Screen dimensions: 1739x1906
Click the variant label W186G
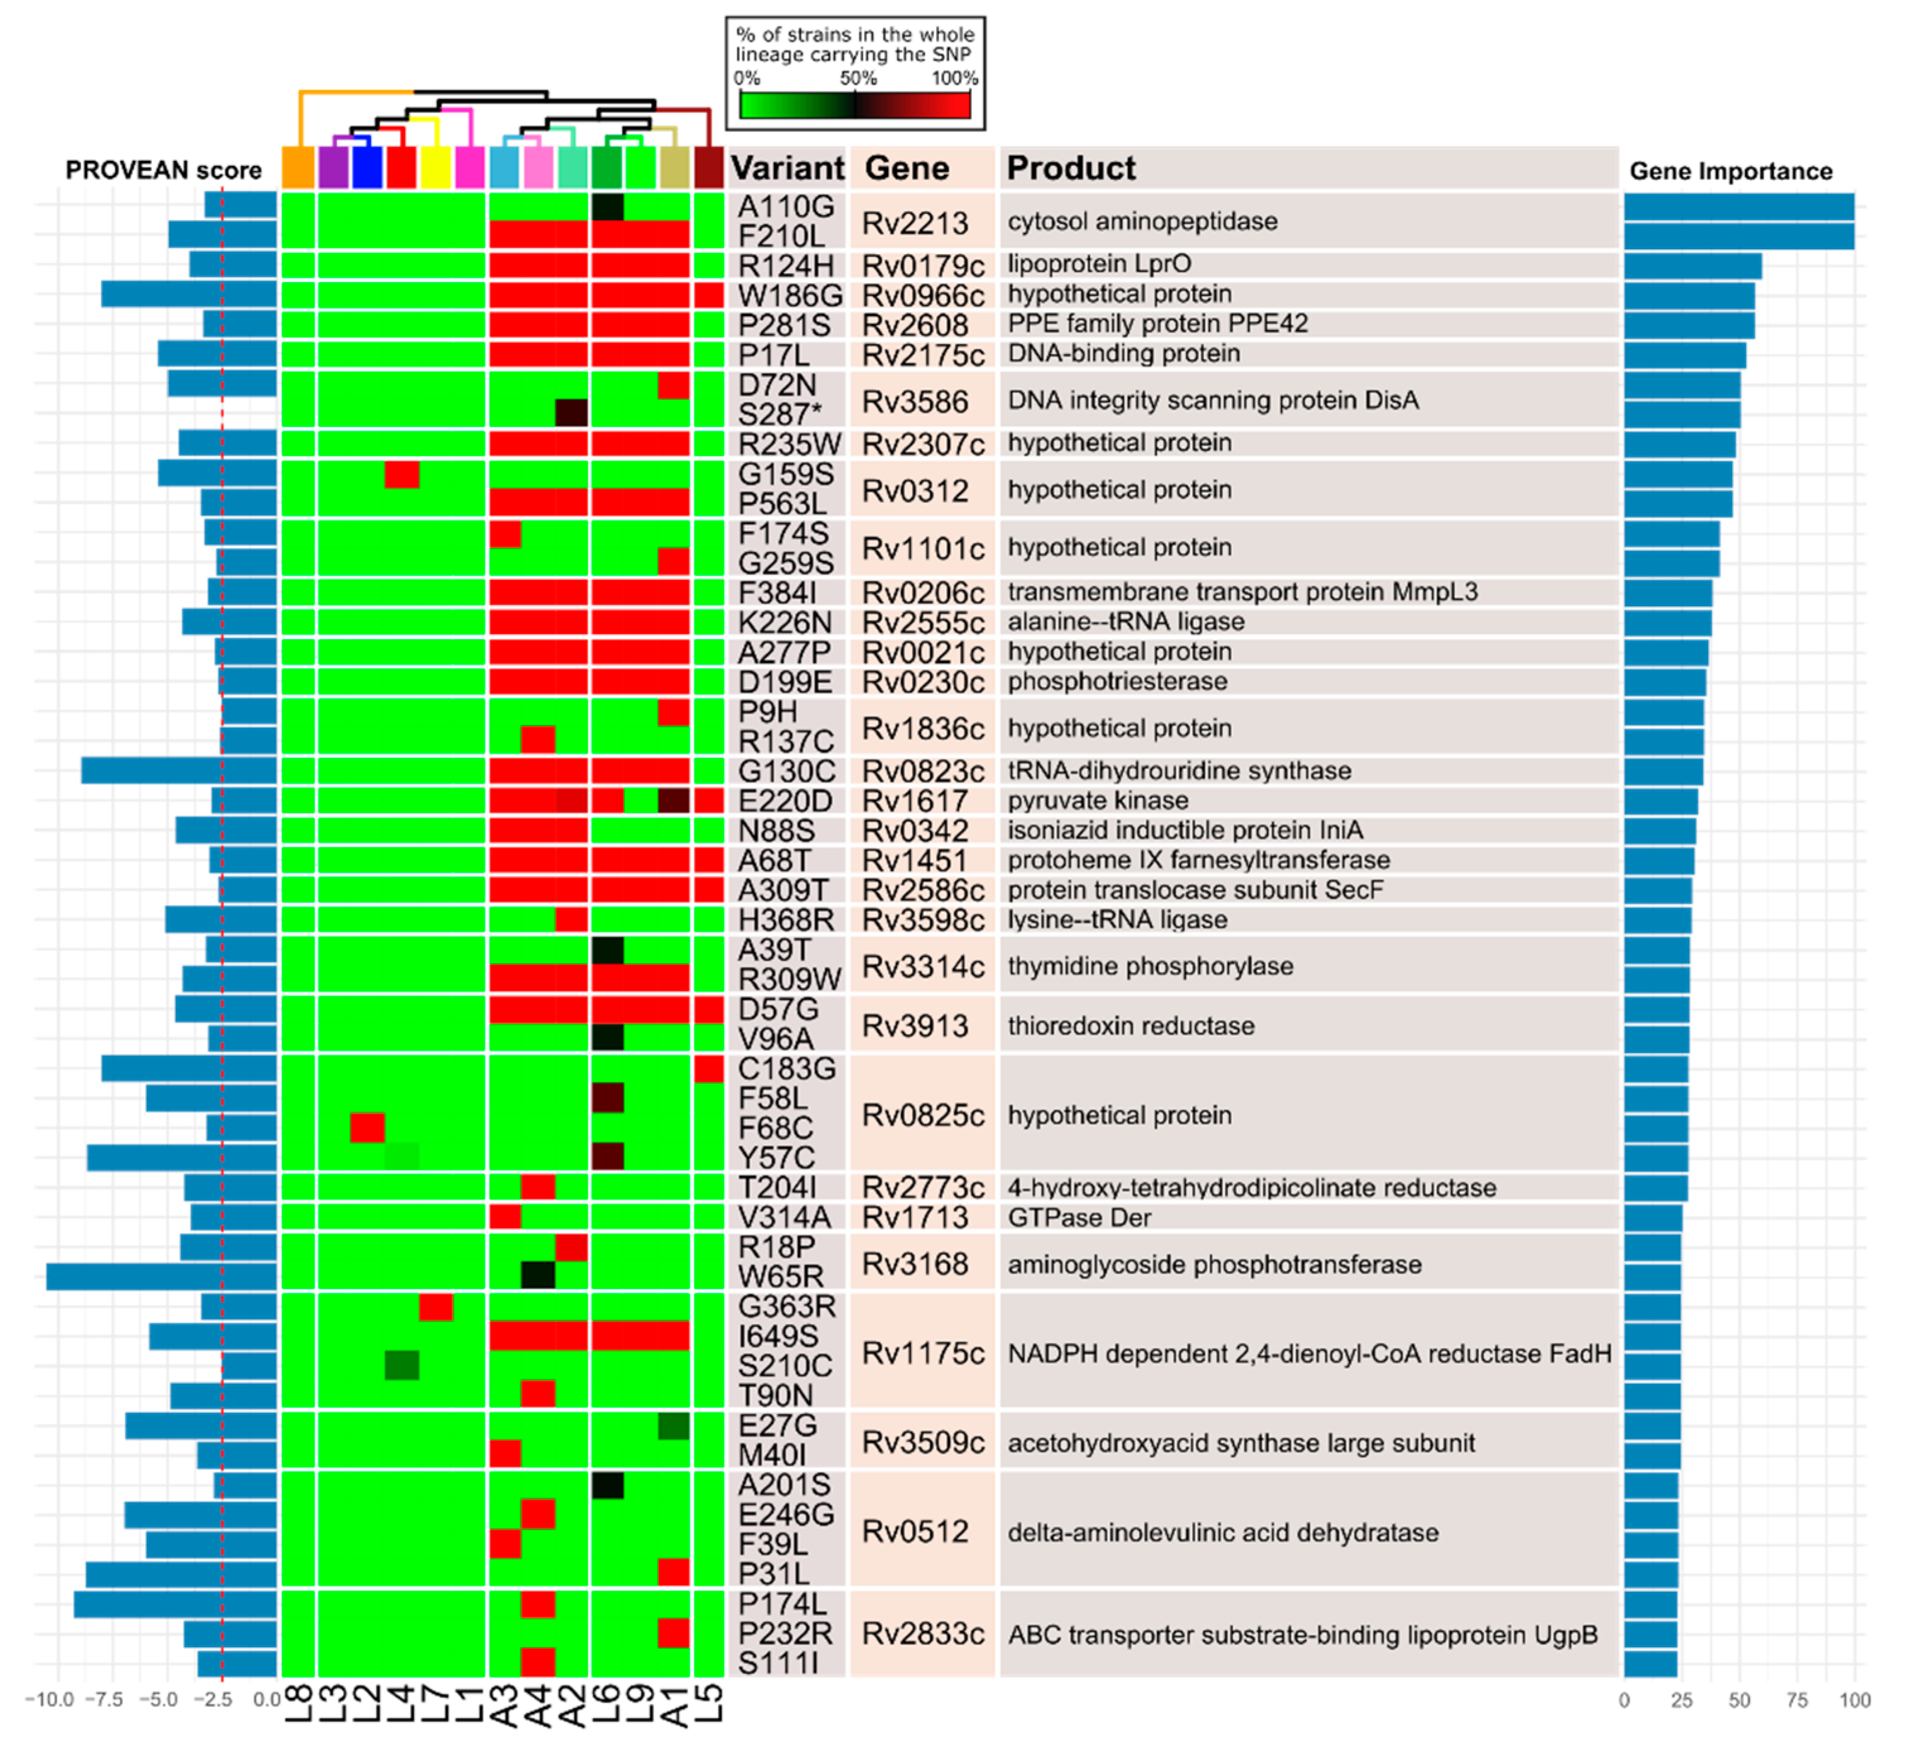[x=790, y=296]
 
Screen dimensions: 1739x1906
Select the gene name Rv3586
[x=915, y=402]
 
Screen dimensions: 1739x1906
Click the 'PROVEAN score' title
[x=163, y=170]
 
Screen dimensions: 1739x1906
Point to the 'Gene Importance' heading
[x=1730, y=171]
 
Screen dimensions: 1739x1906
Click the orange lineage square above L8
[x=298, y=167]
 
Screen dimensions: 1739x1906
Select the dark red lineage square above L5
[x=708, y=167]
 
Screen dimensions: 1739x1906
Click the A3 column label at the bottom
[x=505, y=1705]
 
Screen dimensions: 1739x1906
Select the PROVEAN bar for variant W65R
[x=161, y=1277]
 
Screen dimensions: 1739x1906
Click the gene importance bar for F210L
[x=1739, y=235]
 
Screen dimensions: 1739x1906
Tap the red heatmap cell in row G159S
[x=402, y=474]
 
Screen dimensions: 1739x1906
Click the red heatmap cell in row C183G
[x=708, y=1069]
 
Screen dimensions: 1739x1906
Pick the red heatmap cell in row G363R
[x=436, y=1307]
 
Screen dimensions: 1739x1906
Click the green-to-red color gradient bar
[x=855, y=105]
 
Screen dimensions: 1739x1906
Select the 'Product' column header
[x=1070, y=168]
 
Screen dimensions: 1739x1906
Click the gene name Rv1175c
[x=923, y=1353]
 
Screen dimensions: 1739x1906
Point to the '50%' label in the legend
[x=858, y=78]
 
